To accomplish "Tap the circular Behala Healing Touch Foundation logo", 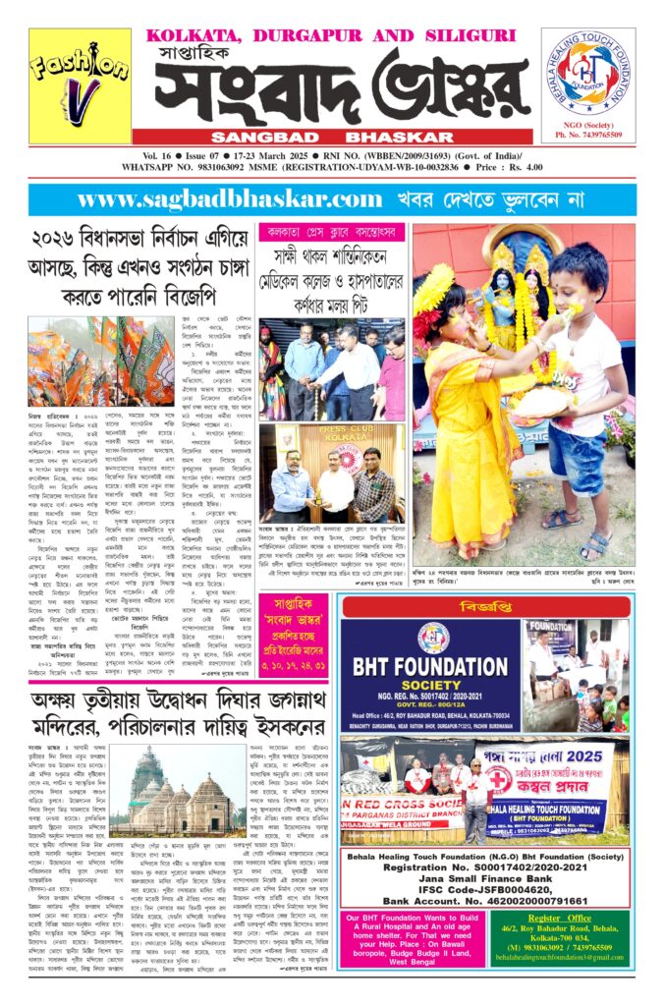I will (x=587, y=72).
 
